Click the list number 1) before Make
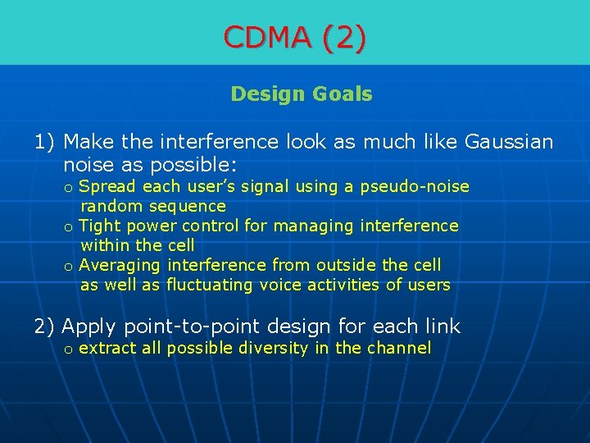point(45,142)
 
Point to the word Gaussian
point(509,142)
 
